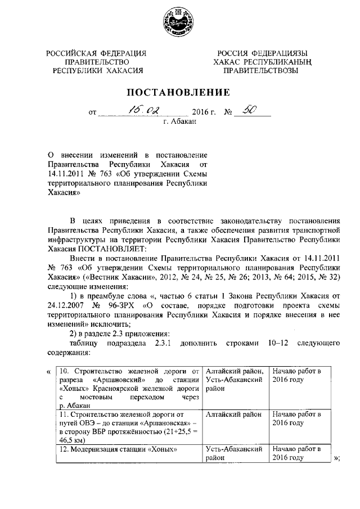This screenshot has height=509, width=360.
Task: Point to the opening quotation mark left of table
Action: point(49,371)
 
